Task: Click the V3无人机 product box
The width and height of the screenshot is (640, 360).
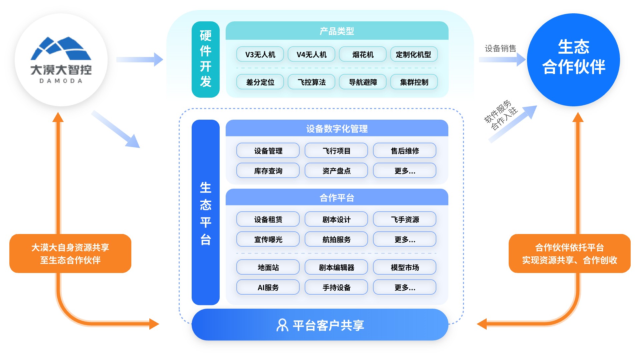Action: coord(260,54)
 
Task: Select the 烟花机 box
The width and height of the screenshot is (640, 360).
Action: coord(363,54)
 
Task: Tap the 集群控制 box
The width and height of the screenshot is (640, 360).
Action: coord(414,82)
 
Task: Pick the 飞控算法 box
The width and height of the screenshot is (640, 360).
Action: coord(311,82)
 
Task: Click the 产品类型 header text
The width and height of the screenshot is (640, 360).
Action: coord(337,31)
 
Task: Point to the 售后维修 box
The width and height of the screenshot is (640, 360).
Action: coord(404,151)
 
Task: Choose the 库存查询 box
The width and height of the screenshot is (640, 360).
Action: coord(268,171)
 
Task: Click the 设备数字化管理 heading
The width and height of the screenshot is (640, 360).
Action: coord(337,129)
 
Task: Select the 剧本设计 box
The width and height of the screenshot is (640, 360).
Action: coord(336,219)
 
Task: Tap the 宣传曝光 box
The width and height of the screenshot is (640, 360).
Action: coord(268,239)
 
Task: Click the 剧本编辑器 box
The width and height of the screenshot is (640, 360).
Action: coord(336,267)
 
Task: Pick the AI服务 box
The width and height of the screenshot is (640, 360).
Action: coord(268,287)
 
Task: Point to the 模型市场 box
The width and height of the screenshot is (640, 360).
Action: coord(404,267)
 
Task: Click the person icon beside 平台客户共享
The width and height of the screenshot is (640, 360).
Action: coord(282,325)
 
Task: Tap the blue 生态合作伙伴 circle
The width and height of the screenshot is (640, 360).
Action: coord(573,60)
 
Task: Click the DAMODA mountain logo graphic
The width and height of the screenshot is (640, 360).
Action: coord(61,49)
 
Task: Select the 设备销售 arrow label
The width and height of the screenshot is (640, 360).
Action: coord(500,49)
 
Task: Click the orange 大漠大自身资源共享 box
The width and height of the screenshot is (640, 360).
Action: coord(70,254)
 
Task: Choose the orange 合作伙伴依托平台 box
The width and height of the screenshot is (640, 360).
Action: coord(569,254)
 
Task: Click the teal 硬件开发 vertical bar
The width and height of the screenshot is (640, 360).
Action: coord(206,59)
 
